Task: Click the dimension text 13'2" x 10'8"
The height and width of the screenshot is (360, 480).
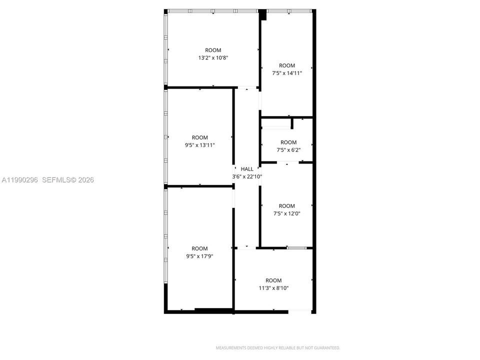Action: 213,58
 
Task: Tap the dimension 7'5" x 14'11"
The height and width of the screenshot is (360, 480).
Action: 287,73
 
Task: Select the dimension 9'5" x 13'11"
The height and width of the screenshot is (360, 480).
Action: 200,145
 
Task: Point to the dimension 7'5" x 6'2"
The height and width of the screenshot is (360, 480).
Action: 288,150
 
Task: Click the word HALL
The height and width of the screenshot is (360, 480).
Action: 247,169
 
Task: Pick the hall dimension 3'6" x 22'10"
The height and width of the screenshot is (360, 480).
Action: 247,176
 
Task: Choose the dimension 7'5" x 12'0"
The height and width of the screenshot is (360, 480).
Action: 287,213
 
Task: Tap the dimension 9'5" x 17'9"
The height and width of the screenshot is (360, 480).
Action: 199,256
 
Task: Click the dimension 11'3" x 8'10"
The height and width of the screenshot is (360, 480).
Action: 273,288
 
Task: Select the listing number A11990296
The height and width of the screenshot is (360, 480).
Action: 20,180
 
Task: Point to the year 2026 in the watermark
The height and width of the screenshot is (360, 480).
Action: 86,180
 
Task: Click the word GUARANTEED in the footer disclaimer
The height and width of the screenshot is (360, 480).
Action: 328,348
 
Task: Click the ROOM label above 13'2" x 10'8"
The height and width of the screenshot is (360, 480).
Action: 213,50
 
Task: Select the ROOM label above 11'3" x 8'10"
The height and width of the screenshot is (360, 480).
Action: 273,280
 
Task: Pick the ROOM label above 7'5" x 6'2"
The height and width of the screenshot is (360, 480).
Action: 288,142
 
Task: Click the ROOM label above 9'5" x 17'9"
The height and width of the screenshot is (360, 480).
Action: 199,248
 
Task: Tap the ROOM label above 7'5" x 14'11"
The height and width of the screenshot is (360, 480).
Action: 287,65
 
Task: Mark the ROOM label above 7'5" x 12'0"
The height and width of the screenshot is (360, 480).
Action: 287,206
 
